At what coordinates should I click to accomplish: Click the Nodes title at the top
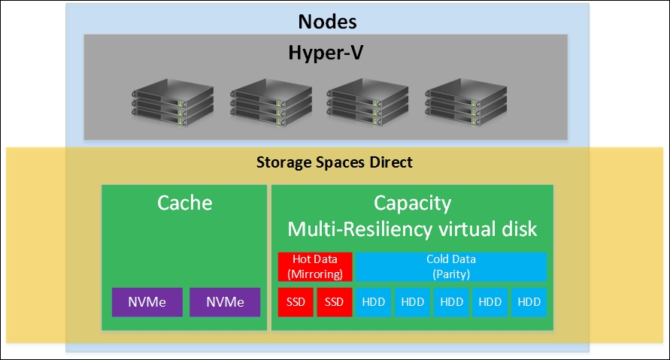(327, 21)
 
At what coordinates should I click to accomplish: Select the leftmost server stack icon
(163, 98)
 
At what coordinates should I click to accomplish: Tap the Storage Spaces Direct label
(335, 162)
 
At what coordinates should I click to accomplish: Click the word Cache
(185, 203)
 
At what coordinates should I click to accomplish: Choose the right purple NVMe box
(225, 302)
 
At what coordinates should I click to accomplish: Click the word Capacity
(412, 203)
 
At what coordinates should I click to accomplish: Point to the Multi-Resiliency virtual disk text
(412, 228)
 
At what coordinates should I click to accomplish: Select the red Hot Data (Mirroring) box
(314, 266)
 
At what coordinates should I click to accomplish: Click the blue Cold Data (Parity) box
(450, 266)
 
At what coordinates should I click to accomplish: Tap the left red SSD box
(296, 302)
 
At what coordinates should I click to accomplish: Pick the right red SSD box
(334, 302)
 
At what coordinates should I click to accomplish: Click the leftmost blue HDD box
(373, 302)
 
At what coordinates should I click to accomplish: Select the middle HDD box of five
(451, 302)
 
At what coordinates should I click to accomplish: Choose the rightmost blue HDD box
(529, 302)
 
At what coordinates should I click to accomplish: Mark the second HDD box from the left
(412, 302)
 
